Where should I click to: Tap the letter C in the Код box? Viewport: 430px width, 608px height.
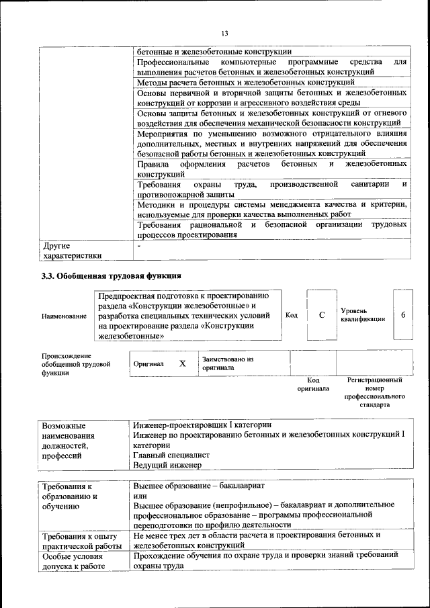[x=321, y=315]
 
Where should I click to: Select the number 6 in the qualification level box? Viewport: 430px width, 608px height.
[x=403, y=315]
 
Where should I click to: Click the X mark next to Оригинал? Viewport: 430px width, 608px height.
[x=182, y=363]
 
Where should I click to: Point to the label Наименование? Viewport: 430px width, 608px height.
[x=64, y=316]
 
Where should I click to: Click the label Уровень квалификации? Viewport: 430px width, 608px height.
[x=363, y=315]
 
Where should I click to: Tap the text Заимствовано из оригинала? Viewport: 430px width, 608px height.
[x=227, y=363]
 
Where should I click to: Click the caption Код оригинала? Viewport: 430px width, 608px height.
[x=313, y=384]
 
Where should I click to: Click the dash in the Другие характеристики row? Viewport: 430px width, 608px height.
[x=138, y=246]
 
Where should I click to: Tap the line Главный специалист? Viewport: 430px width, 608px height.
[x=171, y=455]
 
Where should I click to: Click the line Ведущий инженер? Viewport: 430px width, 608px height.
[x=167, y=465]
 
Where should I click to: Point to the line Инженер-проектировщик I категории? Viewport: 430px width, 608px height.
[x=202, y=425]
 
